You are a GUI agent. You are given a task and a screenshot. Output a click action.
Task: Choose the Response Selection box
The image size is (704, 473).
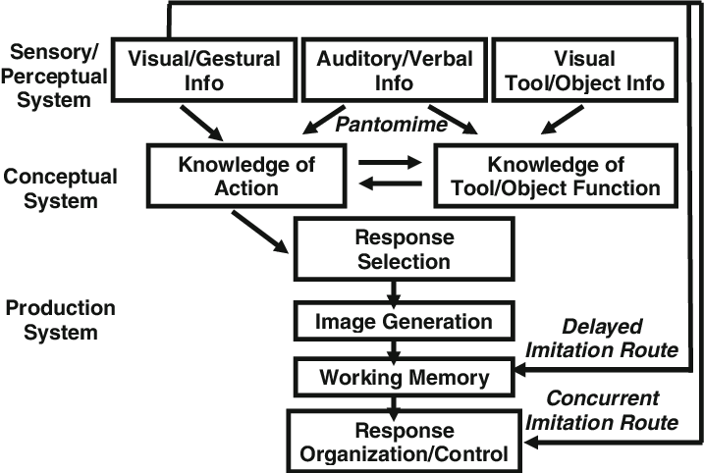click(402, 249)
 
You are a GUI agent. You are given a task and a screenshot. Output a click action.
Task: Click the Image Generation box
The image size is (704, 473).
click(404, 321)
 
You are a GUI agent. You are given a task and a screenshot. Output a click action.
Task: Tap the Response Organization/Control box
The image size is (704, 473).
click(404, 442)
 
